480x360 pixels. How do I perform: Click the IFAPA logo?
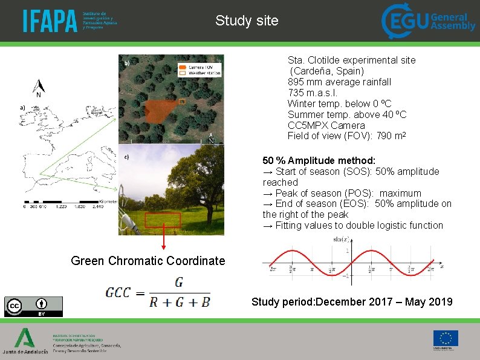70,21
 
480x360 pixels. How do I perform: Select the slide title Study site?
247,21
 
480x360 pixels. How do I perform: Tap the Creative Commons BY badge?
33,306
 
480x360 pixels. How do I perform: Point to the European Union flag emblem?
445,338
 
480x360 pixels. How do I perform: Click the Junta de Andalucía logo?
25,341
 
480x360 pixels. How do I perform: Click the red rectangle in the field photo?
163,220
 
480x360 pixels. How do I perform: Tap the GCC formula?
158,292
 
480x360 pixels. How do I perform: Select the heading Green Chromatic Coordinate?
148,261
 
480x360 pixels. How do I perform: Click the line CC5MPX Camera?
326,126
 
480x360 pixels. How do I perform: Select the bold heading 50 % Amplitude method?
319,161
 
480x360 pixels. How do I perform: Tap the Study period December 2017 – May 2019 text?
352,302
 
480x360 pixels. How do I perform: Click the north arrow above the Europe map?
39,88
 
